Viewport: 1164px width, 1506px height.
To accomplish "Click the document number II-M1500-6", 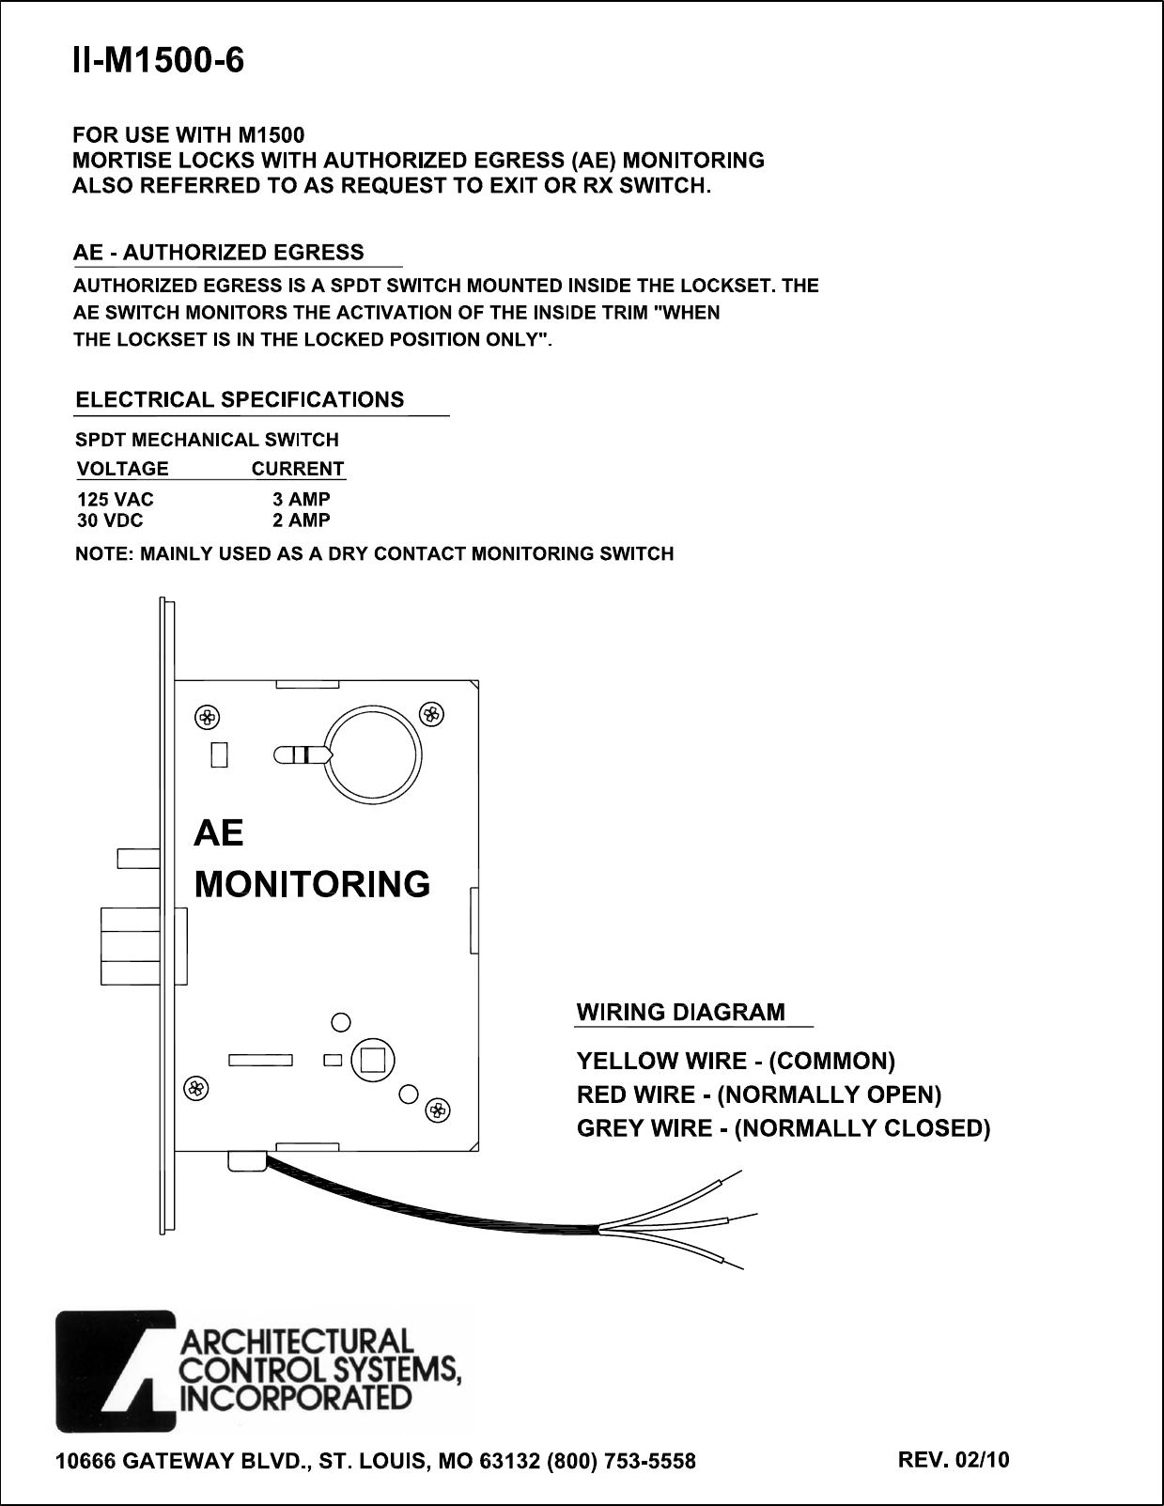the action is click(159, 62).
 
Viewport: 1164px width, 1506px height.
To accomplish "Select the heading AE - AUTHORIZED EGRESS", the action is click(219, 253).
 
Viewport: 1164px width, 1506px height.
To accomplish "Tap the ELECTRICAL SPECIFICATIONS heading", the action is click(240, 400).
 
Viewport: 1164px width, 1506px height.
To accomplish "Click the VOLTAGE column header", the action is click(122, 469).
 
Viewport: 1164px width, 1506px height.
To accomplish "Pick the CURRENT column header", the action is click(298, 469).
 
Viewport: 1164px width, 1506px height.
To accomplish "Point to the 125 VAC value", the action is click(115, 500).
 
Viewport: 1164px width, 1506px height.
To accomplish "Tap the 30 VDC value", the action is click(111, 520).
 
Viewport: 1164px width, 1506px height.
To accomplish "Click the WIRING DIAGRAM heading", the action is click(680, 1013).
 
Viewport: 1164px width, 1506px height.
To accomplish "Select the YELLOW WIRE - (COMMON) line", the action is click(736, 1062).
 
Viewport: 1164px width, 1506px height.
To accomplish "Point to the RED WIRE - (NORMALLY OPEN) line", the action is click(759, 1095).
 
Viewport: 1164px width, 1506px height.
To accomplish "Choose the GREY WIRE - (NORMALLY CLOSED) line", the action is click(784, 1128).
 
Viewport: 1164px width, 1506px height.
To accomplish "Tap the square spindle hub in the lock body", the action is click(372, 1060).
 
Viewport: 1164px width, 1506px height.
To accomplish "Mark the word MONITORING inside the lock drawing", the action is click(312, 884).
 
